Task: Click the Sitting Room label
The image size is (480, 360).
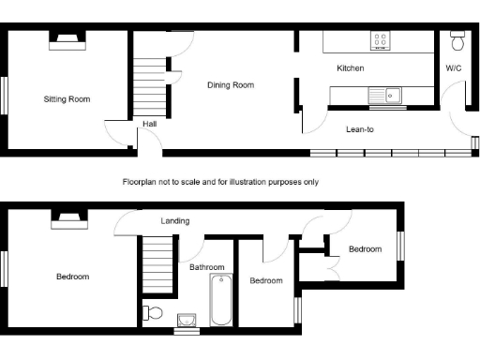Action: [x=67, y=98]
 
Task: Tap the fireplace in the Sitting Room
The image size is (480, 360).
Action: [x=67, y=39]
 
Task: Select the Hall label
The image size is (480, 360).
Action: [x=150, y=124]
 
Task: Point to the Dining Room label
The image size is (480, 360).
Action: [x=231, y=85]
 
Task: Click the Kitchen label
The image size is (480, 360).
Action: [x=351, y=68]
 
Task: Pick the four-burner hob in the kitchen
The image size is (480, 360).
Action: [x=382, y=40]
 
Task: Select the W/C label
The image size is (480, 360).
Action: [x=453, y=68]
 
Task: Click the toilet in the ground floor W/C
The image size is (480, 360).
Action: [x=457, y=42]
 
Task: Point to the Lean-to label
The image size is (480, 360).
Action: [x=359, y=129]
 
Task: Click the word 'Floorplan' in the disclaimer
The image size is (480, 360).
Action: [x=140, y=182]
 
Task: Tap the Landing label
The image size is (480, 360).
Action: [x=175, y=221]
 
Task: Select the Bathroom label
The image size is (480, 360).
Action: [x=207, y=267]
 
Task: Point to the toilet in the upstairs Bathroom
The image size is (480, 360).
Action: [x=153, y=313]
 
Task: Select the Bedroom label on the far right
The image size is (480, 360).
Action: [x=366, y=249]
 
